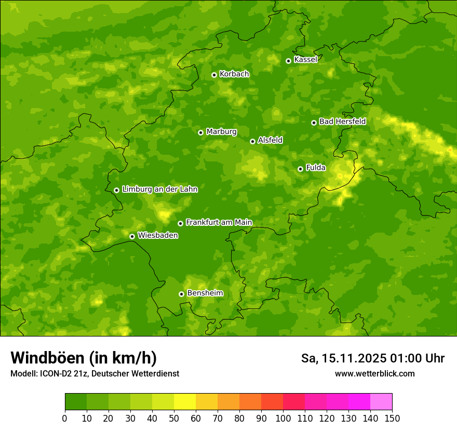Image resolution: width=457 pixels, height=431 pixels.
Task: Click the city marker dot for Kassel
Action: point(288,61)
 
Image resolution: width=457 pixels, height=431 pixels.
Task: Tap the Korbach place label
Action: point(234,74)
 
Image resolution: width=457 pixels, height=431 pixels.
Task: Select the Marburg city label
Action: point(221,132)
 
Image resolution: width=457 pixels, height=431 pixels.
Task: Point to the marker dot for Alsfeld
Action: point(252,141)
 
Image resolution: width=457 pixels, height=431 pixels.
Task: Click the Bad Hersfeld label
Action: point(342,122)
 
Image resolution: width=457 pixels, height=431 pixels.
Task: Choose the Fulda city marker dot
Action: point(300,169)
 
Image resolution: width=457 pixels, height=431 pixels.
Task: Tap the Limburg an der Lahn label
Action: point(159,190)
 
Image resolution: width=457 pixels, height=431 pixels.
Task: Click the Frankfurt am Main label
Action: point(219,223)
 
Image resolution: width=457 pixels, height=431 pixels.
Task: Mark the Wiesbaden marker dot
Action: point(132,236)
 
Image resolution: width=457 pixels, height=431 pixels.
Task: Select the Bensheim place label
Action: point(205,293)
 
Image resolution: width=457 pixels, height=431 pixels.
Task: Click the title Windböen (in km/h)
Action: point(84,358)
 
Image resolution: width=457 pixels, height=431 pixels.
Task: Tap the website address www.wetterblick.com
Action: point(374,374)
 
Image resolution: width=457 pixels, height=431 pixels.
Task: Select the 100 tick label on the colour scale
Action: point(283,419)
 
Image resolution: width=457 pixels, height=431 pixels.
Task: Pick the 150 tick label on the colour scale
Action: point(392,419)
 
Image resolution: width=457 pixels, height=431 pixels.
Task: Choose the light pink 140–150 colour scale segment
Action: point(381,402)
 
